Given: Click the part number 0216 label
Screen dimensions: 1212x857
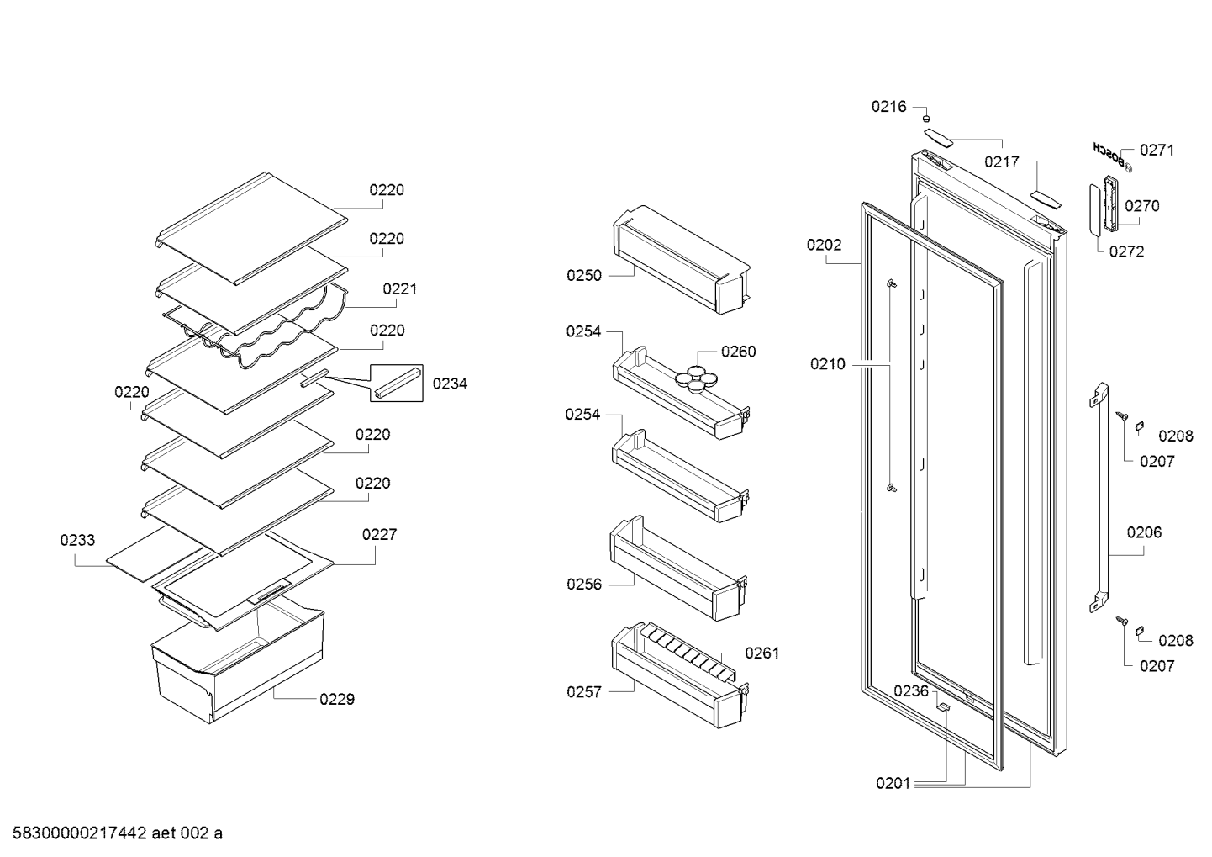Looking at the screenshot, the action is point(888,107).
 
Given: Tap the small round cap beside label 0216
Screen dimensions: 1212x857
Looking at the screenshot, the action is point(926,118).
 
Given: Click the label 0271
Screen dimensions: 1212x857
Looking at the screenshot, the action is point(1157,150).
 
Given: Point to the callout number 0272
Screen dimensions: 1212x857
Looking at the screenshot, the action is point(1126,251).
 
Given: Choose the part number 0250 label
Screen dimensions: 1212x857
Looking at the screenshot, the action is point(584,276).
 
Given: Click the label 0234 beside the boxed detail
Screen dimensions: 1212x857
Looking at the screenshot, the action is point(450,384).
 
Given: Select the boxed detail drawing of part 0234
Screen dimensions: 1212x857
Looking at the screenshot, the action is point(397,383).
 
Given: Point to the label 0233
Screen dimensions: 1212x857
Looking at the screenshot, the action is point(77,540).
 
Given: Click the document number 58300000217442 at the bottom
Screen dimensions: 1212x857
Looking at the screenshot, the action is point(80,833).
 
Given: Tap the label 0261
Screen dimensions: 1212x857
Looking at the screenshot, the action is point(761,653).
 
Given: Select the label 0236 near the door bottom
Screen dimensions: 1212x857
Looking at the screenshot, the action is point(910,691).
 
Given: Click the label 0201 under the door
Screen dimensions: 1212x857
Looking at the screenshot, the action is point(893,783).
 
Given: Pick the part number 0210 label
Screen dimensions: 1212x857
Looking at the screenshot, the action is point(827,364).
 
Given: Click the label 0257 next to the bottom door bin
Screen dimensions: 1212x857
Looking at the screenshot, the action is point(584,692).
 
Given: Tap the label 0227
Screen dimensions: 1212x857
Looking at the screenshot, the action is point(379,535).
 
